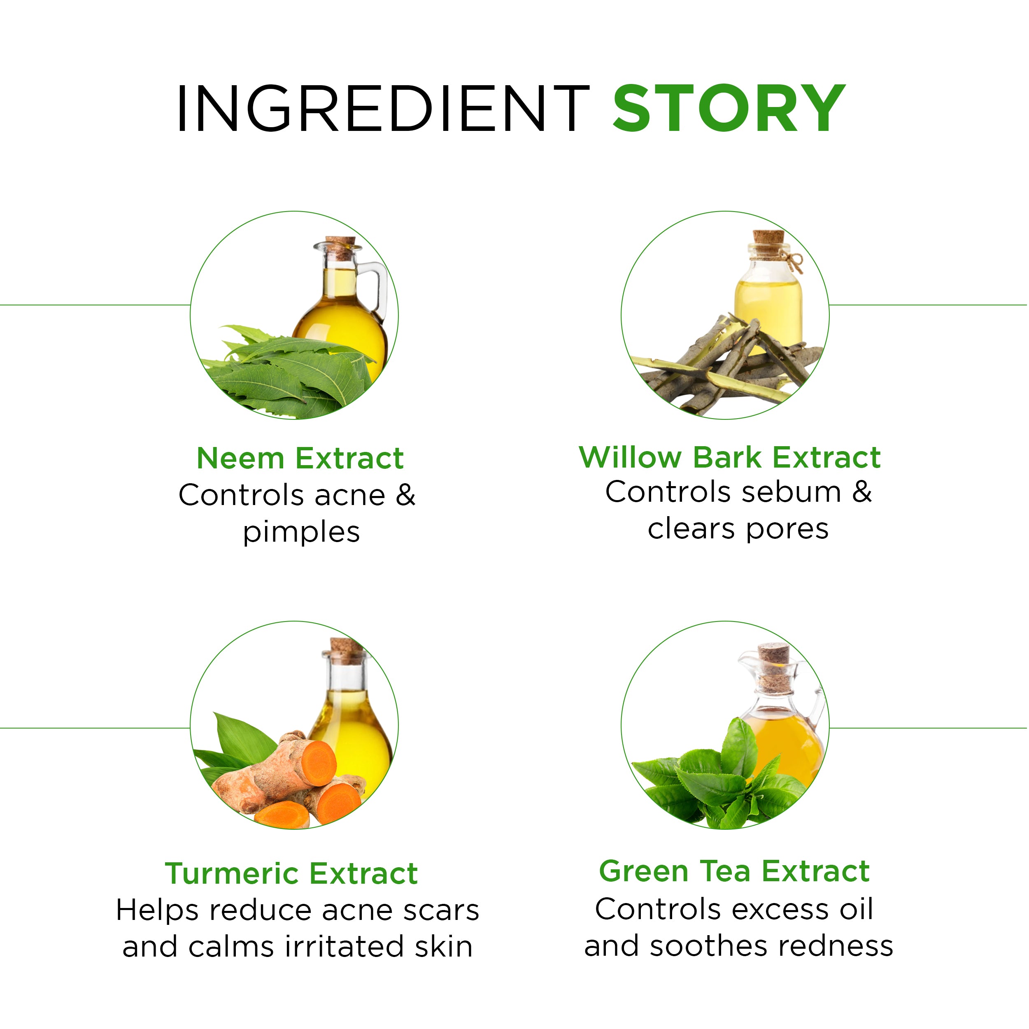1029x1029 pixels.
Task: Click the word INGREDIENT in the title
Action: [384, 108]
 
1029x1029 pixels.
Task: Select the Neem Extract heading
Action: [300, 458]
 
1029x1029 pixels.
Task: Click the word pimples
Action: [301, 533]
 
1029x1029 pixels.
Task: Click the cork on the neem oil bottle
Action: [341, 248]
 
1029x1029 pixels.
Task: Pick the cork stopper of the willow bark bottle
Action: [768, 242]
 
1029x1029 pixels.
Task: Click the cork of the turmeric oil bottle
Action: [346, 650]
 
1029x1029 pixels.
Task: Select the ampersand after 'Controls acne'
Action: [405, 495]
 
